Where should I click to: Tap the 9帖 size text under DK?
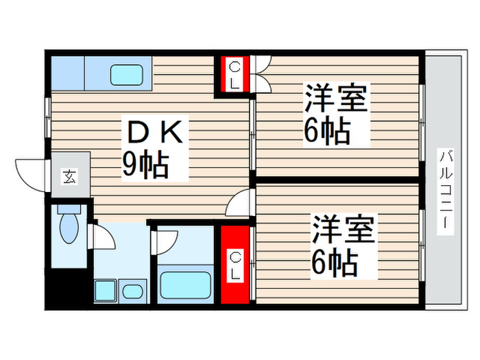[x=145, y=165]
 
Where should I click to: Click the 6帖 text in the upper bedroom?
[x=327, y=130]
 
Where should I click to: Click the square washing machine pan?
[x=106, y=291]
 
